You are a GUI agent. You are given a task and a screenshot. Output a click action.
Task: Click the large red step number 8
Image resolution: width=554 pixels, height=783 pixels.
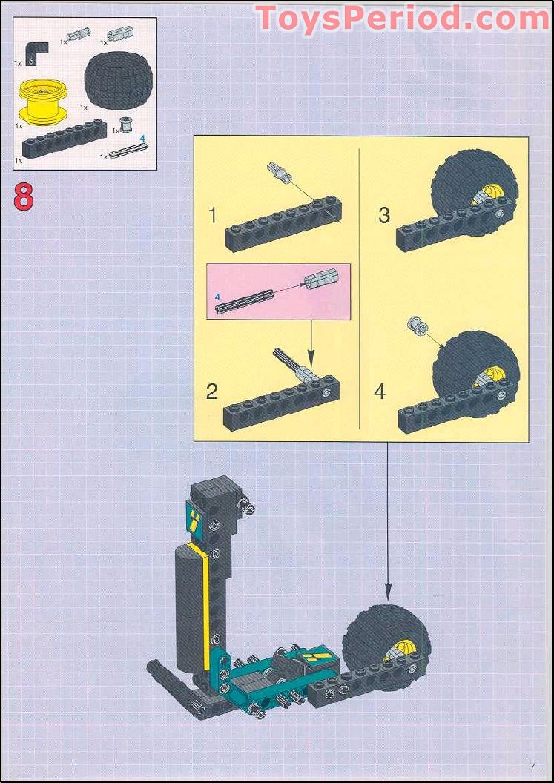(x=24, y=198)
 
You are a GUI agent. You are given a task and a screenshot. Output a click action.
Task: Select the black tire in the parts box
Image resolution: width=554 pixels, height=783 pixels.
(x=119, y=79)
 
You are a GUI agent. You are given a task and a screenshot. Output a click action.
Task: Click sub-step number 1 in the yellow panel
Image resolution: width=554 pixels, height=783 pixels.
(x=213, y=217)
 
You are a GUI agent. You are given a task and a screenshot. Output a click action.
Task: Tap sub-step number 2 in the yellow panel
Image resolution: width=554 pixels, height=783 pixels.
(x=212, y=392)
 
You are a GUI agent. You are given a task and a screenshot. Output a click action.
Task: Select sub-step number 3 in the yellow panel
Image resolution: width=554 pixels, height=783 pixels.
(x=383, y=216)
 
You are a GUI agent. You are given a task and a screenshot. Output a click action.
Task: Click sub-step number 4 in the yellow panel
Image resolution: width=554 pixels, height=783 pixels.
(x=380, y=392)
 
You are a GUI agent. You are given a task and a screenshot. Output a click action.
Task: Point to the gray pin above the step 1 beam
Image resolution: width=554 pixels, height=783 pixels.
(x=278, y=172)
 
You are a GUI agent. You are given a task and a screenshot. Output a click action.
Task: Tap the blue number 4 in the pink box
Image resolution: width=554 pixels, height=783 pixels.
(x=217, y=297)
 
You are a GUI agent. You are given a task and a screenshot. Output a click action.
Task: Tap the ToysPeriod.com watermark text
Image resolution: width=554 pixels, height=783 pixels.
(x=402, y=19)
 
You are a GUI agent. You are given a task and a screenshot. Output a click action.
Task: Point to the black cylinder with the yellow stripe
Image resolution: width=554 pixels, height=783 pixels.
(x=191, y=612)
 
